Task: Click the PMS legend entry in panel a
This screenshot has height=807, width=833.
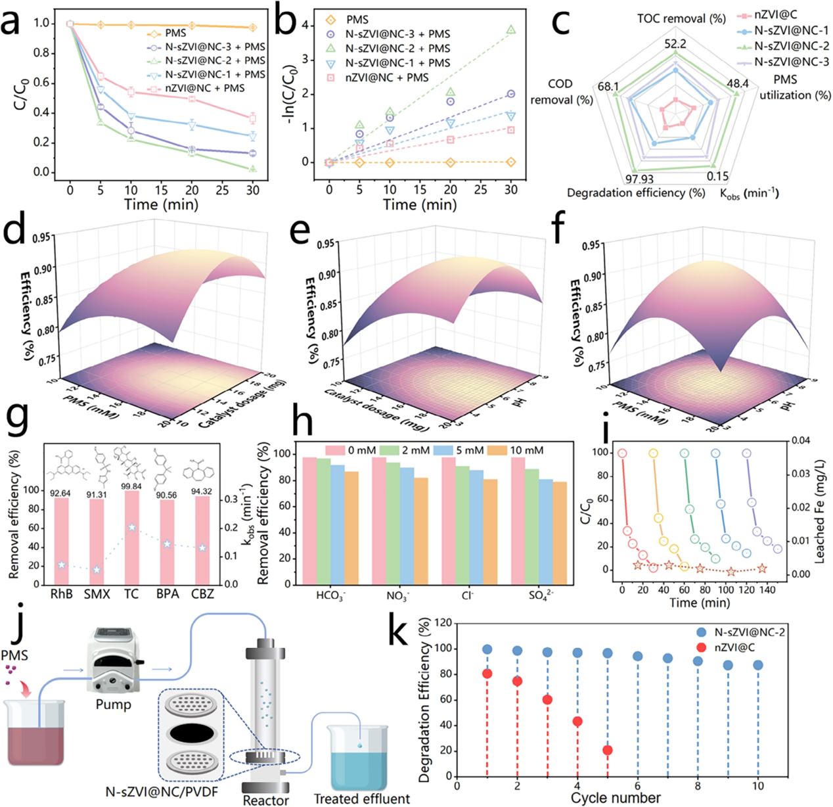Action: (x=175, y=33)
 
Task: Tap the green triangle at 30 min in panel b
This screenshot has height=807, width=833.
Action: (x=511, y=30)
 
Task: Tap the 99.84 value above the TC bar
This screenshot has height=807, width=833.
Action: (x=131, y=486)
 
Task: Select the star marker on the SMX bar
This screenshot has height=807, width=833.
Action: (x=97, y=570)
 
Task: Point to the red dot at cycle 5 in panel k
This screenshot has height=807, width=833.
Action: (x=608, y=750)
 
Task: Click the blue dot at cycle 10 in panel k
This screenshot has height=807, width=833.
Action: (x=758, y=665)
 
